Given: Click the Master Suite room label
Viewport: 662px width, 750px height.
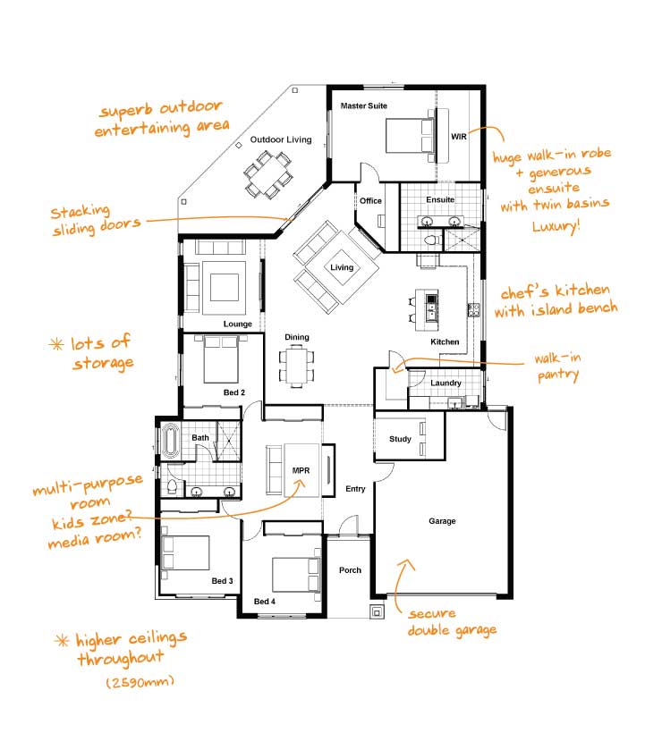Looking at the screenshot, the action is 364,105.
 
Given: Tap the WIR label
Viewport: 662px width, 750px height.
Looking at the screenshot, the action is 459,137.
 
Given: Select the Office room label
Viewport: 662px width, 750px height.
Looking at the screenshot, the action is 370,201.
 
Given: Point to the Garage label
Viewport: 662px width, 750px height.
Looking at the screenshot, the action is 442,521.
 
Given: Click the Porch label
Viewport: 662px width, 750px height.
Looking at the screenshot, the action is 350,570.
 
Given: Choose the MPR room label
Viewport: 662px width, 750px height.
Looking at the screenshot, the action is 301,471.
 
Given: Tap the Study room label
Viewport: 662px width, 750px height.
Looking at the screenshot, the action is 400,439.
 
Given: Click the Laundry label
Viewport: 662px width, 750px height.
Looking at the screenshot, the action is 446,383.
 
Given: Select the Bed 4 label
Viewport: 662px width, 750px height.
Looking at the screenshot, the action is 265,602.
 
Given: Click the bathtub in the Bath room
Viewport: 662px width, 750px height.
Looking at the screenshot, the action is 169,442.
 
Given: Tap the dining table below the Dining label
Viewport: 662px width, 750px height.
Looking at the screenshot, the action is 297,366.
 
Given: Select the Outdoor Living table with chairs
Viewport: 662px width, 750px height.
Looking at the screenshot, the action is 268,174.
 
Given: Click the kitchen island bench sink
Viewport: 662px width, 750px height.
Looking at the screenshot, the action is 431,312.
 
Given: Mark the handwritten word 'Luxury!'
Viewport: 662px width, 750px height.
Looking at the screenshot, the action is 556,226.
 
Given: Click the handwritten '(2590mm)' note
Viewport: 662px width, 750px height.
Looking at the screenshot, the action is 140,681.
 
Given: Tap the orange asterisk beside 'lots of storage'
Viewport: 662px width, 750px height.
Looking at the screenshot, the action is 56,344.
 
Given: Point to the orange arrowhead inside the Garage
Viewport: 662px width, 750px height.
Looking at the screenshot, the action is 407,566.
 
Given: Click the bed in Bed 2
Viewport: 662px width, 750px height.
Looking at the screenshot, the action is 221,359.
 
